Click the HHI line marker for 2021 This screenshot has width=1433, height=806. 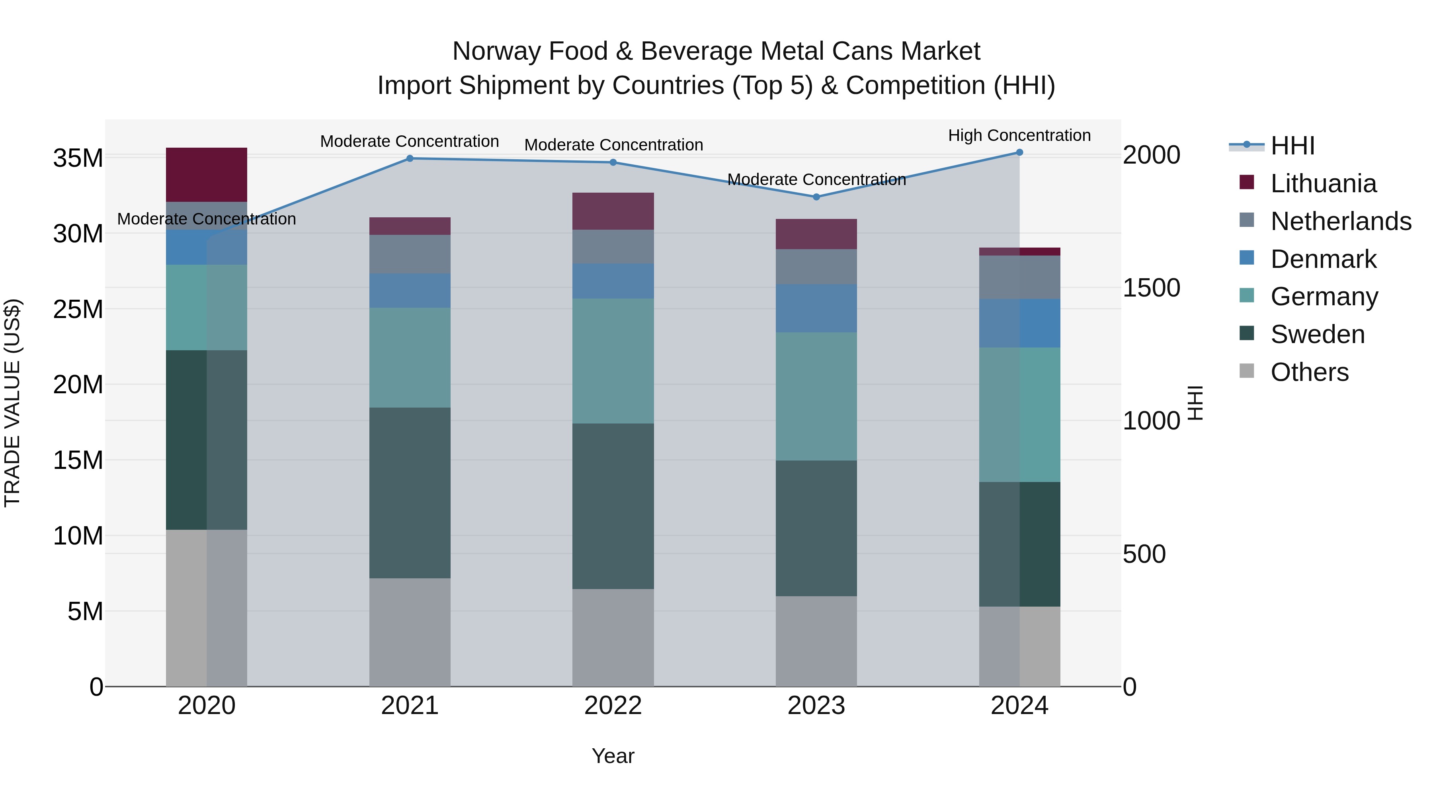pyautogui.click(x=410, y=158)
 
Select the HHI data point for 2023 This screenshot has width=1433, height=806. pyautogui.click(x=816, y=197)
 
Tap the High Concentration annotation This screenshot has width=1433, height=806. pyautogui.click(x=1019, y=135)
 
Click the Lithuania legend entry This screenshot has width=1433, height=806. pyautogui.click(x=1323, y=183)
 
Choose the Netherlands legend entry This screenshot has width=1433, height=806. pyautogui.click(x=1340, y=221)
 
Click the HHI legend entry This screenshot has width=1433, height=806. pyautogui.click(x=1292, y=146)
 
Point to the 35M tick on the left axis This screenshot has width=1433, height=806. pyautogui.click(x=78, y=158)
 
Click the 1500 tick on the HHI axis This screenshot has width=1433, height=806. pyautogui.click(x=1151, y=288)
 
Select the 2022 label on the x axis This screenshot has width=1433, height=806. pyautogui.click(x=613, y=706)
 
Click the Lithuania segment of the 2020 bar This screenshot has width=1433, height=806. pyautogui.click(x=206, y=175)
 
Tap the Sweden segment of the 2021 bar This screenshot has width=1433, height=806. pyautogui.click(x=410, y=493)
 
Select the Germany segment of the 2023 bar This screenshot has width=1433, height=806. pyautogui.click(x=816, y=396)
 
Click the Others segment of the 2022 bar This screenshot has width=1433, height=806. pyautogui.click(x=613, y=638)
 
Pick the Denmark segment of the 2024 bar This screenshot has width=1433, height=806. pyautogui.click(x=1019, y=323)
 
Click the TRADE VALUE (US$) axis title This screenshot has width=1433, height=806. pyautogui.click(x=13, y=403)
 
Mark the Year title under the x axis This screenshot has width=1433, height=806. pyautogui.click(x=613, y=756)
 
